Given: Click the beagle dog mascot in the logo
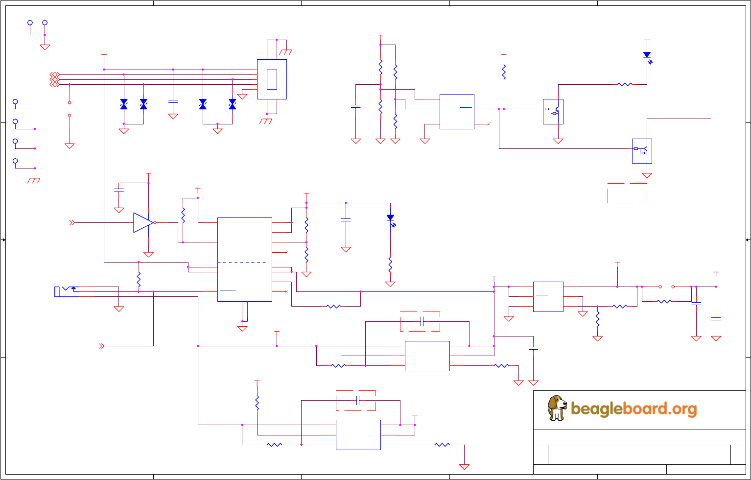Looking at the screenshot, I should (557, 408).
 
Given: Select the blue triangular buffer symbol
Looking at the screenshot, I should (143, 222).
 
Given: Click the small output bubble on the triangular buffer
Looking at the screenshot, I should (155, 222).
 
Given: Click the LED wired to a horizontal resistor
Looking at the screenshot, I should (647, 56).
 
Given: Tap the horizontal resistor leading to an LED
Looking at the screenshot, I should (625, 84).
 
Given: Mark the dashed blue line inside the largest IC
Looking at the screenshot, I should (244, 262).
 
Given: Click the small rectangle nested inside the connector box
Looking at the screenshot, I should (272, 79).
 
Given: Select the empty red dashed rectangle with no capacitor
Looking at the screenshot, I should (627, 193).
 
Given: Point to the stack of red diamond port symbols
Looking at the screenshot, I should (54, 79).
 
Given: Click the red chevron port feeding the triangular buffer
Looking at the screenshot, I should (72, 222).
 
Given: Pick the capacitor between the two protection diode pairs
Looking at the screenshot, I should (173, 101).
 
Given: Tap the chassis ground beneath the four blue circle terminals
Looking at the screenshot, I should (34, 180).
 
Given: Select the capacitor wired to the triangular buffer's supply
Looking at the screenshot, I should (118, 190).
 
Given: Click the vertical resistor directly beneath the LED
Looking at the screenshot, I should (390, 264).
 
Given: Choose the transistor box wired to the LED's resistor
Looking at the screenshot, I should (553, 111).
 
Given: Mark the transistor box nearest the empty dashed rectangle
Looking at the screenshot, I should (642, 151).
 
